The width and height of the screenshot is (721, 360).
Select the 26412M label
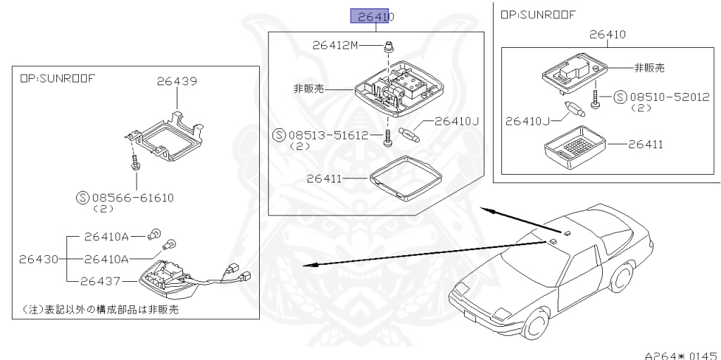[337, 46]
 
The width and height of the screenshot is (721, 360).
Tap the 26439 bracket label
[177, 81]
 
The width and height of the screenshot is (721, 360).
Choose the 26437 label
[101, 282]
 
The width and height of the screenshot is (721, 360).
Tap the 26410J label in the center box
[456, 122]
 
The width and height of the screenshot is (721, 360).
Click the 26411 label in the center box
[324, 179]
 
